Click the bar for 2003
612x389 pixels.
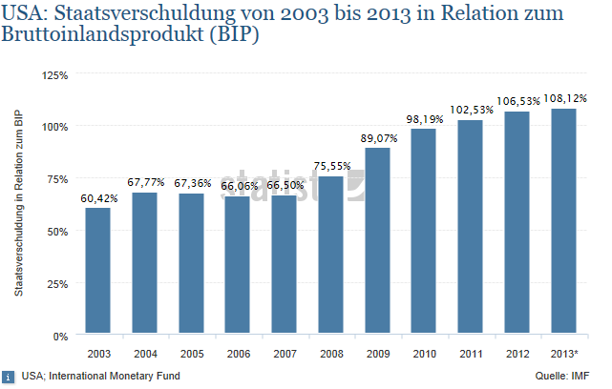tap(97, 272)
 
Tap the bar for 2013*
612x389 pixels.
tap(565, 222)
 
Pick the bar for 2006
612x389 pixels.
tap(238, 266)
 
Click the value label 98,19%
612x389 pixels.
tap(425, 119)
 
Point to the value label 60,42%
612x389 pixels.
tap(97, 198)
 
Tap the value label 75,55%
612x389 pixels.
tap(331, 166)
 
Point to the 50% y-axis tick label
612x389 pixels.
tap(57, 231)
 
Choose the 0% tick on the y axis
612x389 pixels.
tap(60, 336)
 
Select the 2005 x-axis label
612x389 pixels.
tap(191, 354)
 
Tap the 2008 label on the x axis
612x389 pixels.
tap(331, 354)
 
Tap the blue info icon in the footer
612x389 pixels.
tap(8, 376)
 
